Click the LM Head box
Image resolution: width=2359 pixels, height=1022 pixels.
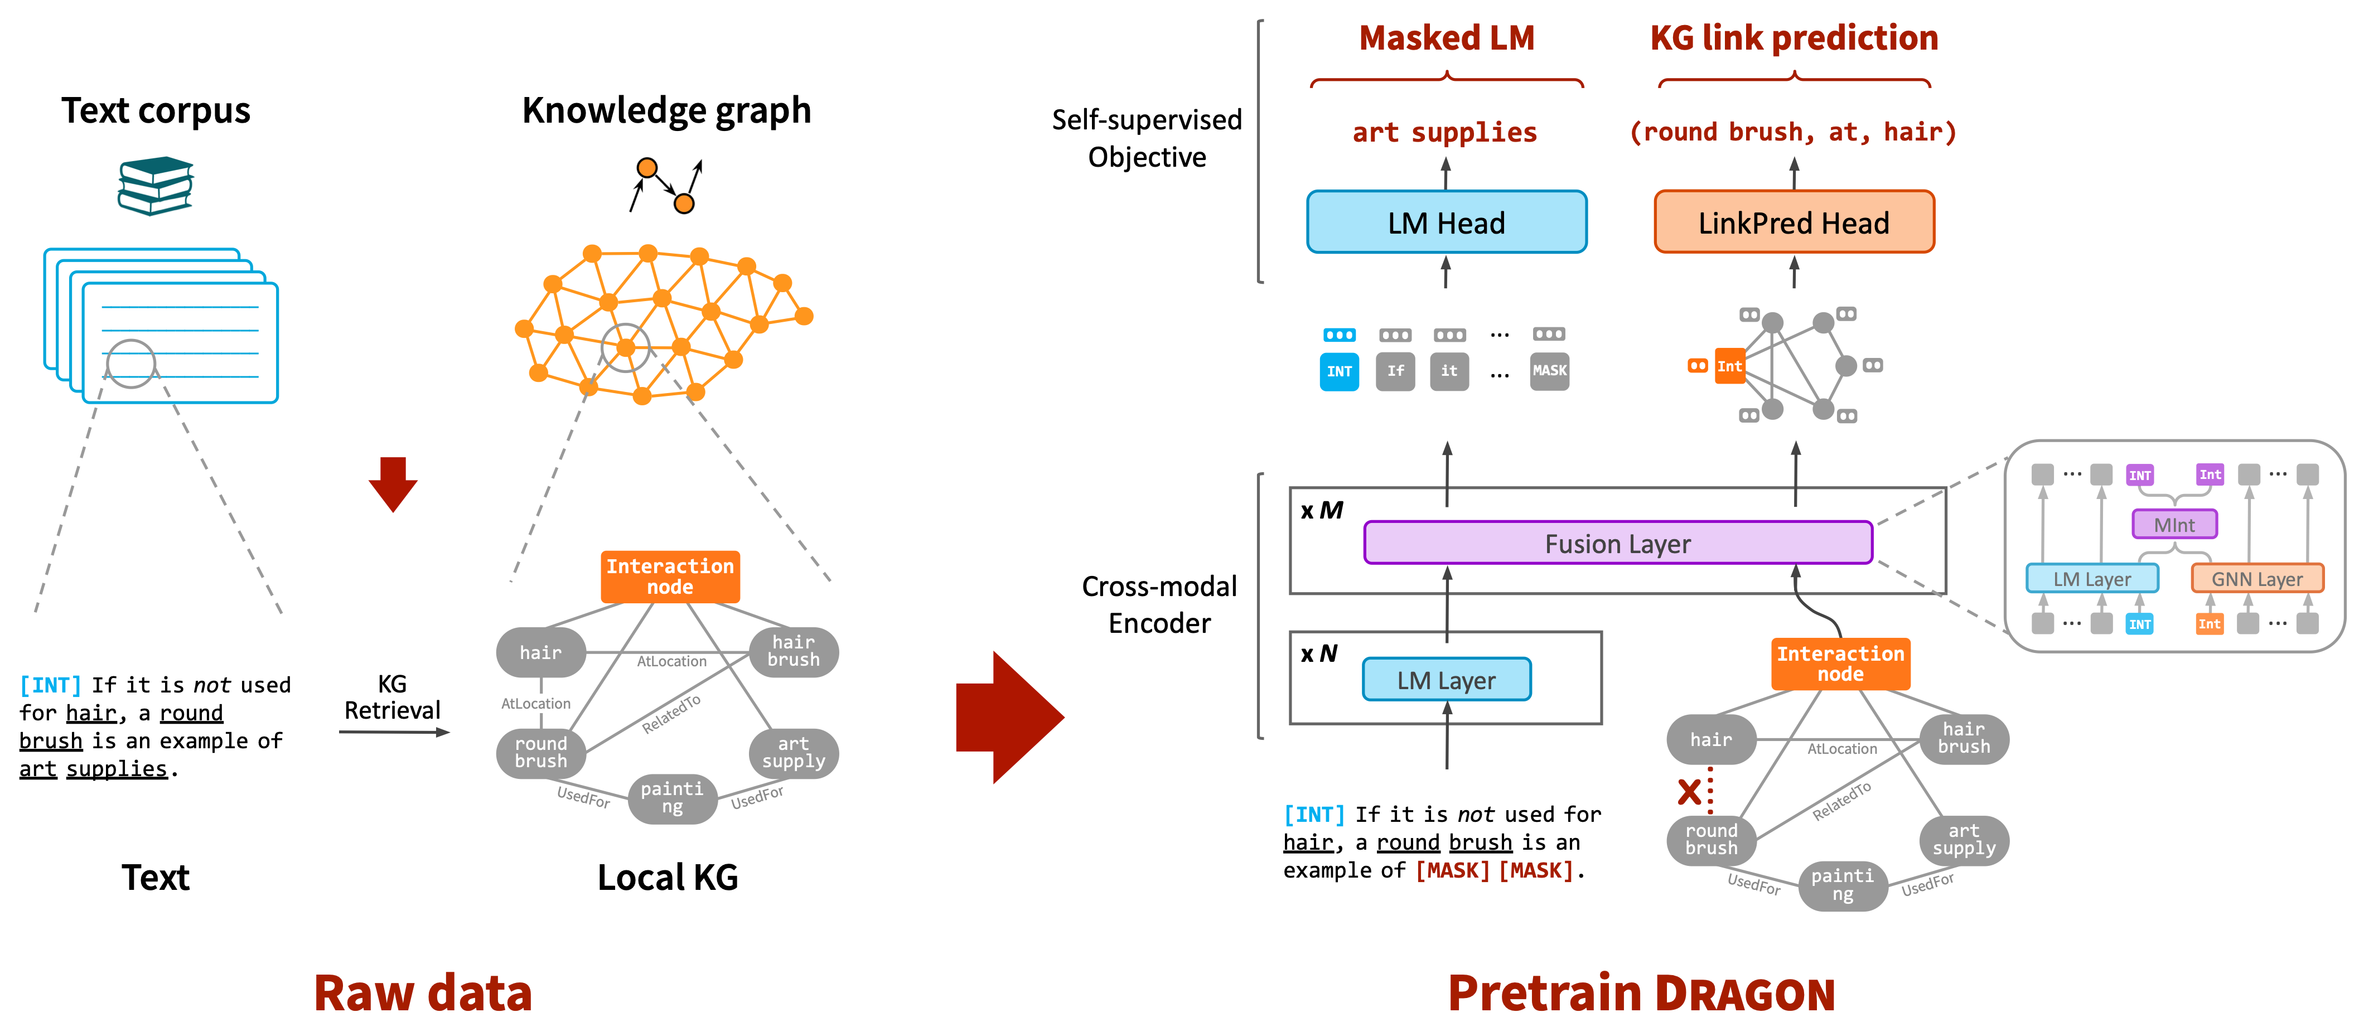point(1446,221)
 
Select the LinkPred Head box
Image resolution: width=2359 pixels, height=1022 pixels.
point(1794,221)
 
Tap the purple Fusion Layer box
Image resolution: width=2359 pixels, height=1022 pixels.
point(1618,543)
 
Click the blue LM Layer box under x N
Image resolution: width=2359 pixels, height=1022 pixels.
point(1446,680)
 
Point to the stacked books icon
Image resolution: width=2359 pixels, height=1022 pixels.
point(156,186)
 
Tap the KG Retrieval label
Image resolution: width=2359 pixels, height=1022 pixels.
point(392,697)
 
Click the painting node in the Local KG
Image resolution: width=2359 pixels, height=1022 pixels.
point(672,798)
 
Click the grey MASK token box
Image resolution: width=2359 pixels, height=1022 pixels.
point(1549,371)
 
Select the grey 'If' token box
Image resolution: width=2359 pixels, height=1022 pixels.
point(1395,371)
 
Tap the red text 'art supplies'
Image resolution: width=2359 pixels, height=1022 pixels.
point(1445,133)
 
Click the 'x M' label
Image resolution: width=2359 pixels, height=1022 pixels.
point(1322,510)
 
